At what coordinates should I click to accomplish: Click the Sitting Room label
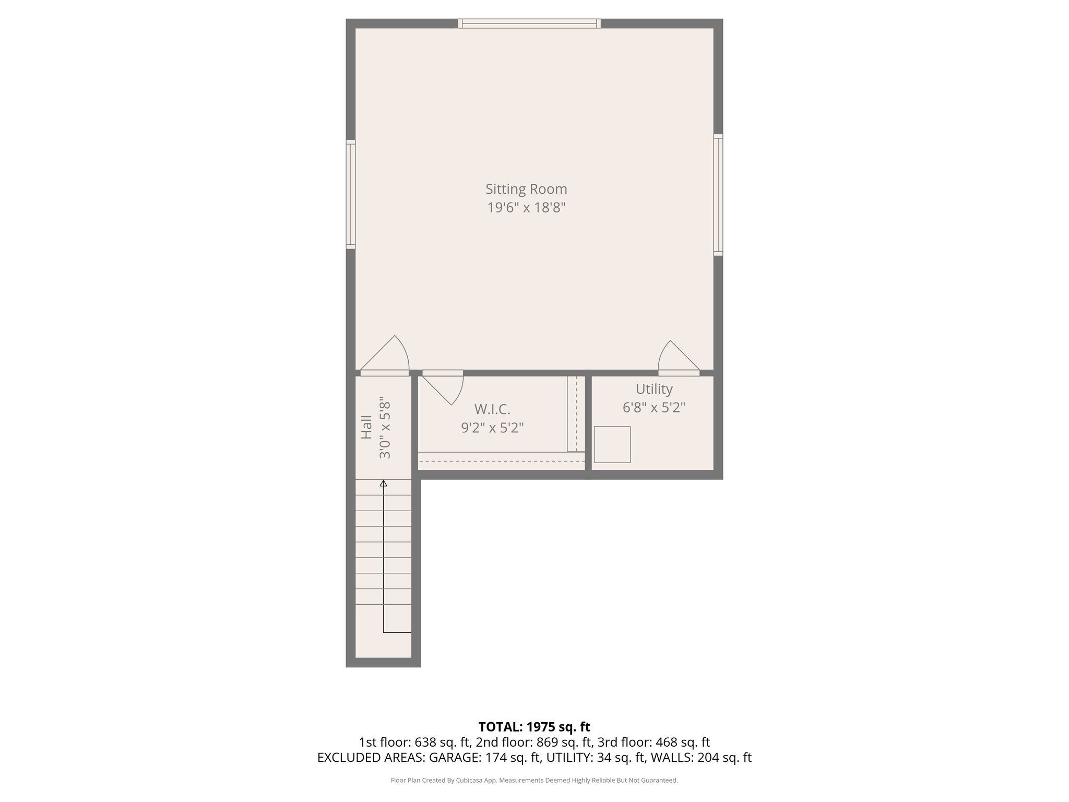pyautogui.click(x=526, y=189)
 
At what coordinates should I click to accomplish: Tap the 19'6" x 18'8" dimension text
pyautogui.click(x=526, y=208)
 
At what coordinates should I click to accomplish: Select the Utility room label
pyautogui.click(x=654, y=389)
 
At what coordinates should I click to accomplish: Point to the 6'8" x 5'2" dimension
pyautogui.click(x=654, y=407)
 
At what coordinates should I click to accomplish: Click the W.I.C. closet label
pyautogui.click(x=492, y=409)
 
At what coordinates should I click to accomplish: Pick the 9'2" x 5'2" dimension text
pyautogui.click(x=492, y=428)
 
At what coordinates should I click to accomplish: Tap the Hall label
pyautogui.click(x=367, y=427)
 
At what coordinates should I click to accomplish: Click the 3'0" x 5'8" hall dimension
pyautogui.click(x=385, y=428)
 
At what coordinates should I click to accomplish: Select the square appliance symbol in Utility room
pyautogui.click(x=612, y=444)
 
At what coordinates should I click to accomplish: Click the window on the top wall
pyautogui.click(x=529, y=23)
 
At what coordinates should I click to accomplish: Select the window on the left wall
pyautogui.click(x=351, y=194)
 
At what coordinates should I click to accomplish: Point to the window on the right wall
pyautogui.click(x=718, y=195)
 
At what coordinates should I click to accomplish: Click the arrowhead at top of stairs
pyautogui.click(x=384, y=483)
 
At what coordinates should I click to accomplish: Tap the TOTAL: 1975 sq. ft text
pyautogui.click(x=534, y=727)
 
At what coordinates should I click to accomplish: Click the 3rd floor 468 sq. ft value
pyautogui.click(x=680, y=742)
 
